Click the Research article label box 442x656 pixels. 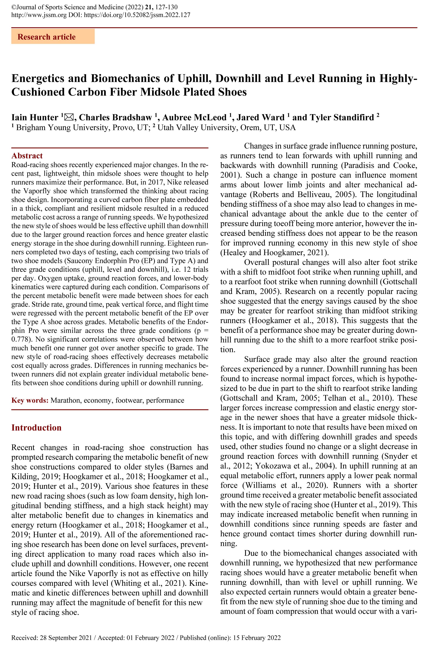click(53, 37)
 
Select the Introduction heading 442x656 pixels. click(36, 428)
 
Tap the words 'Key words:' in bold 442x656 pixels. click(30, 400)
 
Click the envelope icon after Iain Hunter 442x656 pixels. click(69, 117)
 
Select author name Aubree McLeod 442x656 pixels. click(194, 117)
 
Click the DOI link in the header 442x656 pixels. click(137, 15)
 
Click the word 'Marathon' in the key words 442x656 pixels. click(65, 400)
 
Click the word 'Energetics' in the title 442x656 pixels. click(38, 78)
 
